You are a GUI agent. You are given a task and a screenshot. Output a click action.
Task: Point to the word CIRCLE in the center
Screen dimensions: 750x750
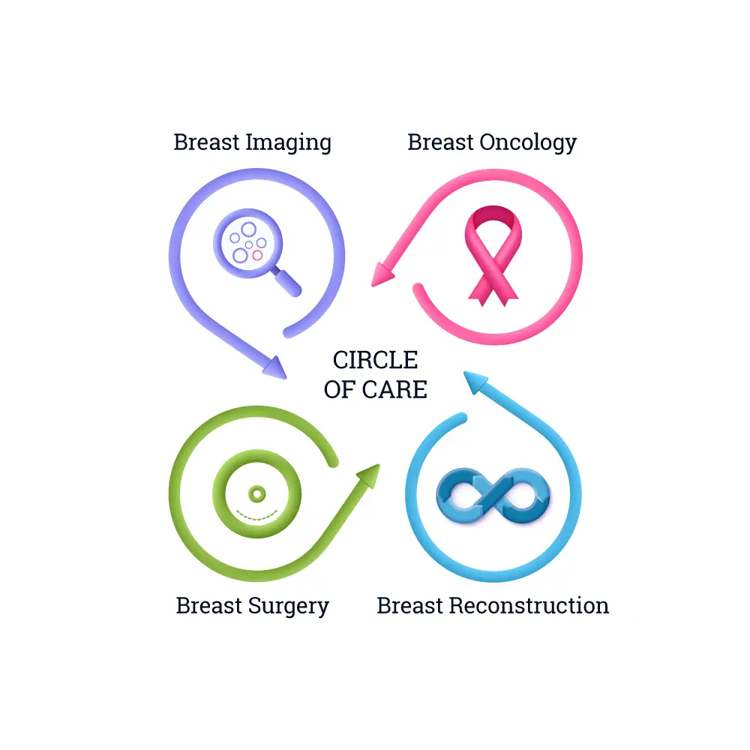coord(375,361)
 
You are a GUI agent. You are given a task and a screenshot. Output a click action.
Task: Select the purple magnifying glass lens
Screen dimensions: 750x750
coord(247,241)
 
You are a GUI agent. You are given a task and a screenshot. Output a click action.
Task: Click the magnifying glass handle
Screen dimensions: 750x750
coord(285,282)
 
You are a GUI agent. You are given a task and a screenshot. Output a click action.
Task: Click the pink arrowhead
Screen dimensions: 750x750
coord(383,274)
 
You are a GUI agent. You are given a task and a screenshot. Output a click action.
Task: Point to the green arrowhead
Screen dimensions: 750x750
coord(367,476)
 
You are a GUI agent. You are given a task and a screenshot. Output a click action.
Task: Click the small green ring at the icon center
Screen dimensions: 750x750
coord(257,493)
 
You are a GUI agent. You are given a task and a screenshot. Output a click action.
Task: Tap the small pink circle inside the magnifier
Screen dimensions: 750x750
coord(257,255)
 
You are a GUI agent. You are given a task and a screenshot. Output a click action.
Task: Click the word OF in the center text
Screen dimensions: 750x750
coord(339,389)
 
